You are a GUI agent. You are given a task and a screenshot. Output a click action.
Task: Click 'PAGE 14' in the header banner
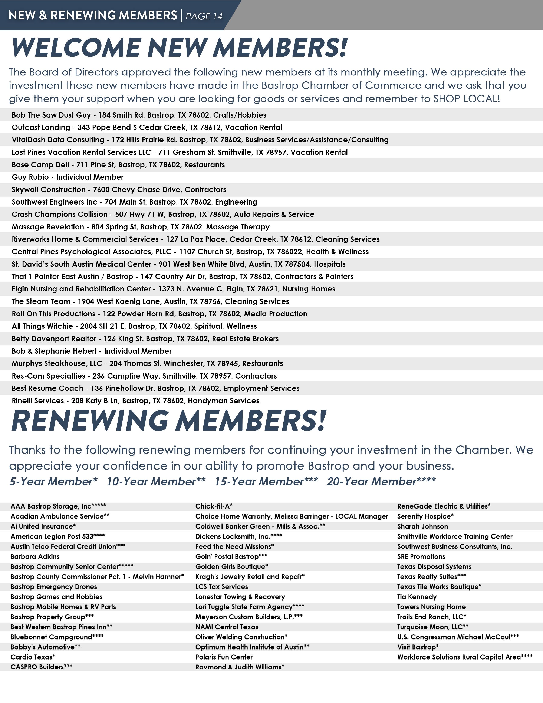pyautogui.click(x=204, y=16)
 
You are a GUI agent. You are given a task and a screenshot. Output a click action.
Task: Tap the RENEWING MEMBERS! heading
pyautogui.click(x=169, y=421)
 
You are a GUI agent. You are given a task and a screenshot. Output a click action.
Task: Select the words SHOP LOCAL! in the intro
pyautogui.click(x=466, y=98)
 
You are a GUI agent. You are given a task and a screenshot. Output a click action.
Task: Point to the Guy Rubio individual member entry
pyautogui.click(x=68, y=177)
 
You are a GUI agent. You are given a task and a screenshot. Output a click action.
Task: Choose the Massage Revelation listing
pyautogui.click(x=140, y=227)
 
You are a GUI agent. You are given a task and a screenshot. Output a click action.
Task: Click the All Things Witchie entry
pyautogui.click(x=134, y=326)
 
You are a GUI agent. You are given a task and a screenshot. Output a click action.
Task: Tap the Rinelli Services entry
pyautogui.click(x=135, y=401)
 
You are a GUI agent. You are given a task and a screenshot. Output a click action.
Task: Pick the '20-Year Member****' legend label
pyautogui.click(x=381, y=481)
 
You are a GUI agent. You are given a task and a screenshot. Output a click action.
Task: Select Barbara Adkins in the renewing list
pyautogui.click(x=35, y=556)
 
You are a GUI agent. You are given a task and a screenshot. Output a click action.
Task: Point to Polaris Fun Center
pyautogui.click(x=224, y=657)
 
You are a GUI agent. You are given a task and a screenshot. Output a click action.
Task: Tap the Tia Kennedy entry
pyautogui.click(x=417, y=597)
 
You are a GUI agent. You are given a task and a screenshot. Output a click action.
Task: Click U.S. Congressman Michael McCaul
pyautogui.click(x=458, y=637)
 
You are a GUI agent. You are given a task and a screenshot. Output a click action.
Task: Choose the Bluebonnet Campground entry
pyautogui.click(x=57, y=637)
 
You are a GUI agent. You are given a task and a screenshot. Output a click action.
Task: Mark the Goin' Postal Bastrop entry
pyautogui.click(x=231, y=556)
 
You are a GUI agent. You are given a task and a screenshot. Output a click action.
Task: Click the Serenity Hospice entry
pyautogui.click(x=425, y=516)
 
